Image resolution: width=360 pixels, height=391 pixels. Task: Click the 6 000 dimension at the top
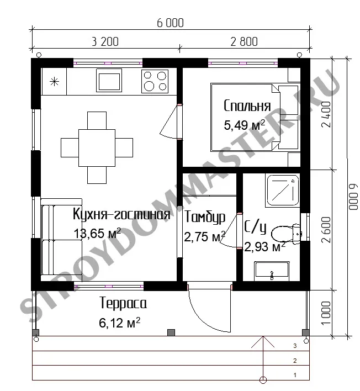[170, 23]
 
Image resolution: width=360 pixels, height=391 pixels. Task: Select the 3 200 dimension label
[105, 41]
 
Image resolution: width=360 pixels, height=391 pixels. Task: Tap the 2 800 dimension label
[244, 41]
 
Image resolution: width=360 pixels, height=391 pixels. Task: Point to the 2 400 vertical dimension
[326, 114]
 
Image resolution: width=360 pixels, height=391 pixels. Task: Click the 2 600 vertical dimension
[326, 230]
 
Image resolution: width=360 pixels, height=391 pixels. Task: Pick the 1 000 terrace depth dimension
[326, 313]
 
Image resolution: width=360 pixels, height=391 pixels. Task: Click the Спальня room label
[247, 105]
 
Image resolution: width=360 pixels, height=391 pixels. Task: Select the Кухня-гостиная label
[121, 214]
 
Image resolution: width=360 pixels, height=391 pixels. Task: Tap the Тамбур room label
[205, 217]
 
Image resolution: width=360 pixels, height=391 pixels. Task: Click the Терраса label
[123, 303]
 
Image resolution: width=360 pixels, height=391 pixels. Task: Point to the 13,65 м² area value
[97, 233]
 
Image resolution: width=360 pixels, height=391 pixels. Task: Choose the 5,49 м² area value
[244, 125]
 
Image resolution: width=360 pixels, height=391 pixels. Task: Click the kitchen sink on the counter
[109, 80]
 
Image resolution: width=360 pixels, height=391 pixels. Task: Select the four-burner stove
[155, 81]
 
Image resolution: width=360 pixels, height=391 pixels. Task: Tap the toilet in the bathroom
[287, 234]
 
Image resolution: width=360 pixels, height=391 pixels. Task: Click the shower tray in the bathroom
[283, 191]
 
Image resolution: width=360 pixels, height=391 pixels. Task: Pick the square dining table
[97, 147]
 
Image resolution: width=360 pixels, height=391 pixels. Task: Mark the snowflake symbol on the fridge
[54, 82]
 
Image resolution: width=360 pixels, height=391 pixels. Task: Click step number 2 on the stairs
[295, 361]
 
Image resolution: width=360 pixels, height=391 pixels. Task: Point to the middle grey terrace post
[171, 332]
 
